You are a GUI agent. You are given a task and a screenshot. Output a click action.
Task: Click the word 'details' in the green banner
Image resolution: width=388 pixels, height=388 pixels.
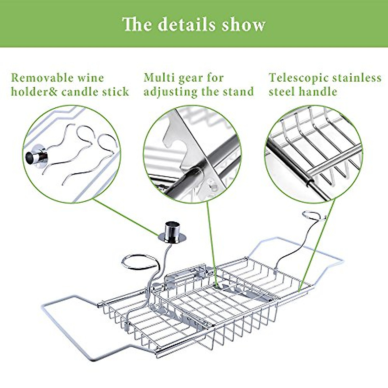(187, 24)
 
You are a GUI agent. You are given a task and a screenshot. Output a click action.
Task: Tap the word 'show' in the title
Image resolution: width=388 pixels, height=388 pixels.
(244, 24)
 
